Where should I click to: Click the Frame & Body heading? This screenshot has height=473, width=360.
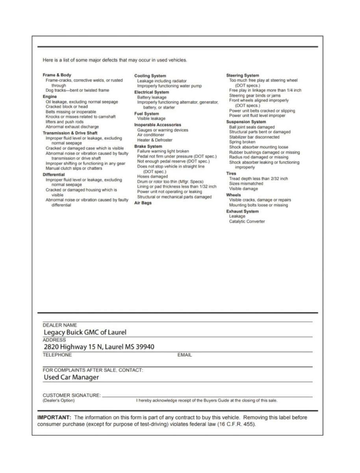pyautogui.click(x=57, y=75)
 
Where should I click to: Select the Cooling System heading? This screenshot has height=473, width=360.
pyautogui.click(x=150, y=76)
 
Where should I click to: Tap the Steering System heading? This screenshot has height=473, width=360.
pyautogui.click(x=243, y=75)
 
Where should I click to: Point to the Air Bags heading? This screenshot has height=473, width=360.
pyautogui.click(x=143, y=203)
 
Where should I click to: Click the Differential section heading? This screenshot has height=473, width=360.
pyautogui.click(x=54, y=174)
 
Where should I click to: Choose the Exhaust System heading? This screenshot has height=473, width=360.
pyautogui.click(x=242, y=211)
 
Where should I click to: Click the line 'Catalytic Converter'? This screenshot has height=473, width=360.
pyautogui.click(x=247, y=222)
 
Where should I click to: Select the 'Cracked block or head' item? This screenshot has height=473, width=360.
pyautogui.click(x=67, y=106)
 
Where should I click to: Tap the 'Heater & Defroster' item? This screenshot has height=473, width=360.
pyautogui.click(x=154, y=140)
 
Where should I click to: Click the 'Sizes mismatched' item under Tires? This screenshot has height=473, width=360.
pyautogui.click(x=246, y=184)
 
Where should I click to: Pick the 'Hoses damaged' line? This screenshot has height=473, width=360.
pyautogui.click(x=152, y=177)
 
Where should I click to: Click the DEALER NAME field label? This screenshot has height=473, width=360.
pyautogui.click(x=60, y=325)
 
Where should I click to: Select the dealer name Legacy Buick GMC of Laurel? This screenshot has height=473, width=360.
pyautogui.click(x=85, y=332)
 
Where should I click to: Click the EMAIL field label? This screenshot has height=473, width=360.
pyautogui.click(x=185, y=355)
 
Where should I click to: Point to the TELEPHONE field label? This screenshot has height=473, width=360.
pyautogui.click(x=58, y=355)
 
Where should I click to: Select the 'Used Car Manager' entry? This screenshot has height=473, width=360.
pyautogui.click(x=71, y=377)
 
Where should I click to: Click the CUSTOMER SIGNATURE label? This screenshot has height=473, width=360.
pyautogui.click(x=71, y=395)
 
